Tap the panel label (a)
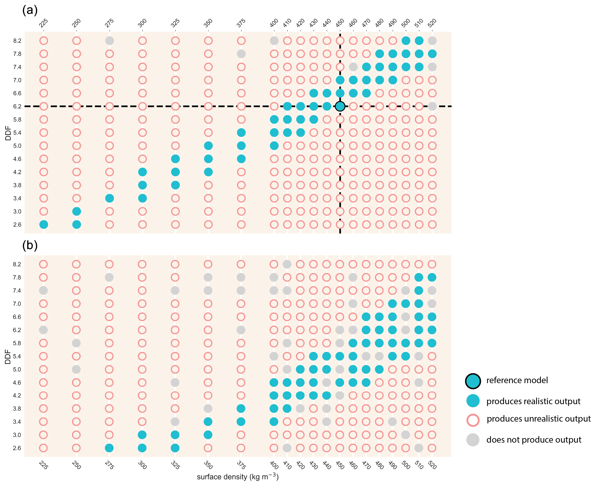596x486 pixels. (x=30, y=10)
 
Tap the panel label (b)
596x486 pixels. (x=30, y=245)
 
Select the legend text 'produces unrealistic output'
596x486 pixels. (x=539, y=419)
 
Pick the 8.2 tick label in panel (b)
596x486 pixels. (x=17, y=264)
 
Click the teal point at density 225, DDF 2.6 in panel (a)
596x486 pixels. (x=43, y=225)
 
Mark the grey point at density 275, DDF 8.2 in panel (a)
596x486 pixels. (x=109, y=41)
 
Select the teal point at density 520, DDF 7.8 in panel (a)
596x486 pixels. (x=432, y=54)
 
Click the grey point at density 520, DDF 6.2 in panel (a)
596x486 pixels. (x=432, y=106)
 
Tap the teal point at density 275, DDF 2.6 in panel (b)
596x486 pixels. (x=109, y=448)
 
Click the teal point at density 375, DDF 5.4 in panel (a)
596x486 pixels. (x=241, y=133)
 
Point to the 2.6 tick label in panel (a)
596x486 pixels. (x=17, y=225)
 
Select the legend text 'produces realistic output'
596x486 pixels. (x=533, y=401)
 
